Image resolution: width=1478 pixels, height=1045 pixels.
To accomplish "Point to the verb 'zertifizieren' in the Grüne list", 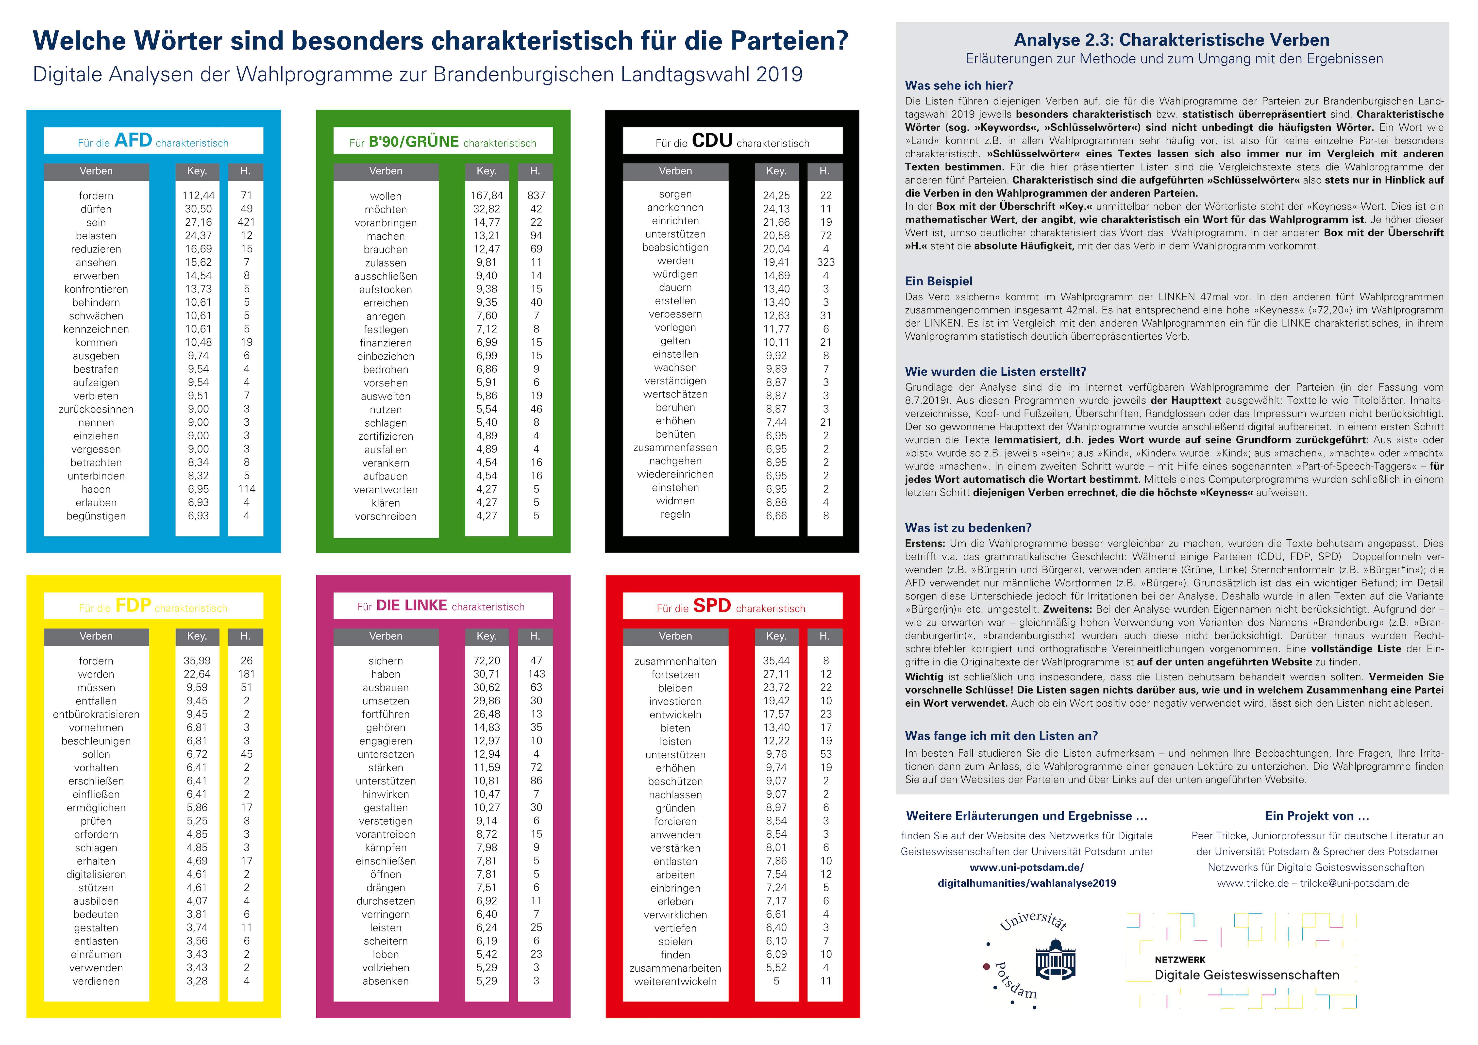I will pyautogui.click(x=386, y=436).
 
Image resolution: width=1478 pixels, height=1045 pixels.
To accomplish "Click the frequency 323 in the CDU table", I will pyautogui.click(x=825, y=262).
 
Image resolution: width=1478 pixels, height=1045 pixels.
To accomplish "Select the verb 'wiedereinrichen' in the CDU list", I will pyautogui.click(x=675, y=474).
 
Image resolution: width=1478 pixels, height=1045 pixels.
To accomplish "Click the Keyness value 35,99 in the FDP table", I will pyautogui.click(x=197, y=661).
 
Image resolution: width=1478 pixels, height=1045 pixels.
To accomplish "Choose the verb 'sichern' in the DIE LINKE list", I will pyautogui.click(x=386, y=661).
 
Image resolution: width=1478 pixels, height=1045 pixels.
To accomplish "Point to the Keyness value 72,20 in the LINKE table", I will pyautogui.click(x=487, y=661).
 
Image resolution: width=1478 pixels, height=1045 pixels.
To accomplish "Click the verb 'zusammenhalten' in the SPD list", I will pyautogui.click(x=675, y=662).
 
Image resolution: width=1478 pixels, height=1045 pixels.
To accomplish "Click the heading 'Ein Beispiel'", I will pyautogui.click(x=938, y=281).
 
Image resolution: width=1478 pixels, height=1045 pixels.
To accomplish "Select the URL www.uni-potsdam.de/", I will pyautogui.click(x=1027, y=867).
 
